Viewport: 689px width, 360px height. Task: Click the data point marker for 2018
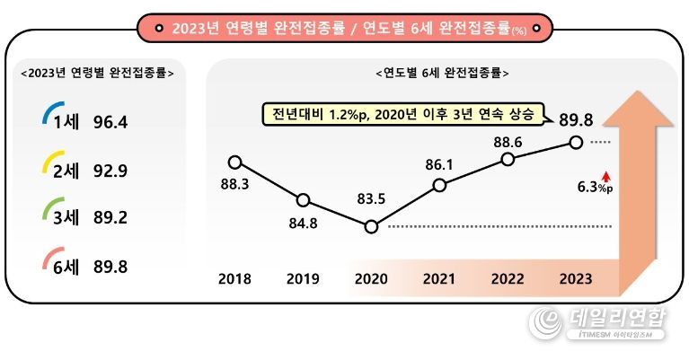pyautogui.click(x=235, y=162)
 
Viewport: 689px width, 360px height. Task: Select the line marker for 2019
pyautogui.click(x=303, y=199)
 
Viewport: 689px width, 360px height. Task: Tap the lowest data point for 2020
pyautogui.click(x=371, y=226)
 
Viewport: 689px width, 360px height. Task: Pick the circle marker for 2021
pyautogui.click(x=439, y=185)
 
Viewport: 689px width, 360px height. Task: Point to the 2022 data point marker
pyautogui.click(x=508, y=159)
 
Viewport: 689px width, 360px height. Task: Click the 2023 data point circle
pyautogui.click(x=576, y=142)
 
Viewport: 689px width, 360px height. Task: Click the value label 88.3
pyautogui.click(x=235, y=184)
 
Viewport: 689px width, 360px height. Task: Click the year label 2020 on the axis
pyautogui.click(x=371, y=278)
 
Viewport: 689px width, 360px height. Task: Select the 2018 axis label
pyautogui.click(x=235, y=278)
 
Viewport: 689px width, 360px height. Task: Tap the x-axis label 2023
pyautogui.click(x=575, y=278)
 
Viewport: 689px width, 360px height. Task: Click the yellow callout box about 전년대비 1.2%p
pyautogui.click(x=402, y=114)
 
